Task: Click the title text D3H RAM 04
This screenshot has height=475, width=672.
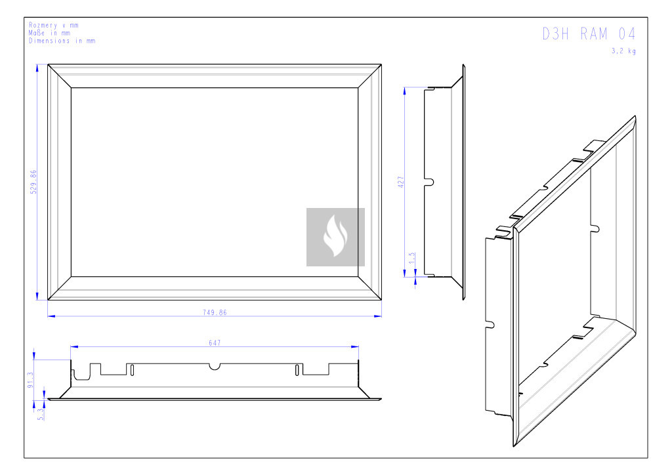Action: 589,34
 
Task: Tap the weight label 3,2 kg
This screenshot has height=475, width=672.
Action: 623,51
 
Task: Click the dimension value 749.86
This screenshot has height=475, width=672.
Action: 215,313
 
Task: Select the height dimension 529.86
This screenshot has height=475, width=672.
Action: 33,182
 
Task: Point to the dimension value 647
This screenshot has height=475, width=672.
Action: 215,342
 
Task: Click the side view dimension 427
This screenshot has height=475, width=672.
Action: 401,182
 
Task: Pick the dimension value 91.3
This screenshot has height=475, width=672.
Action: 30,380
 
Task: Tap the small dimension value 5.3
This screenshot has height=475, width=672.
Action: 41,414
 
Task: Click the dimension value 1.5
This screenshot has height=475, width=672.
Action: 412,258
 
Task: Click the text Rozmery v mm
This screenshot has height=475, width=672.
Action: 54,26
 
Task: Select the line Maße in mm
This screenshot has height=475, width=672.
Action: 49,33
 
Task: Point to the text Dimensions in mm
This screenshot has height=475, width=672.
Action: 62,41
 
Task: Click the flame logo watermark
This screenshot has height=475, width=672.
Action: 335,237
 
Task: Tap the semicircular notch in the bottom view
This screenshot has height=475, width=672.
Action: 215,367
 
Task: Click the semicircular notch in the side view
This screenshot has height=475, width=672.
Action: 430,182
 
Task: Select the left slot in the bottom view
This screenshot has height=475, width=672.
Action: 132,370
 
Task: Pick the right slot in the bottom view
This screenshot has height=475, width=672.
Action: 297,370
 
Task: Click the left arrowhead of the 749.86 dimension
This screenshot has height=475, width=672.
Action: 51,316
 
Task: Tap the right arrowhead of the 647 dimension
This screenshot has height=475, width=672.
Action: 355,346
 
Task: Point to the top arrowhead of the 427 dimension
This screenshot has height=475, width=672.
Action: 404,91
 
